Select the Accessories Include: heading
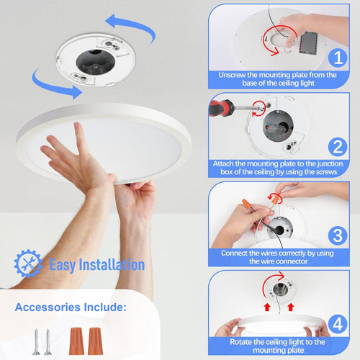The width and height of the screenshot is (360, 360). (71, 307)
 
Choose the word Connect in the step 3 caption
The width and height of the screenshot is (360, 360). (237, 253)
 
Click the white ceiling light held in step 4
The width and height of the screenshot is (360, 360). (274, 327)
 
